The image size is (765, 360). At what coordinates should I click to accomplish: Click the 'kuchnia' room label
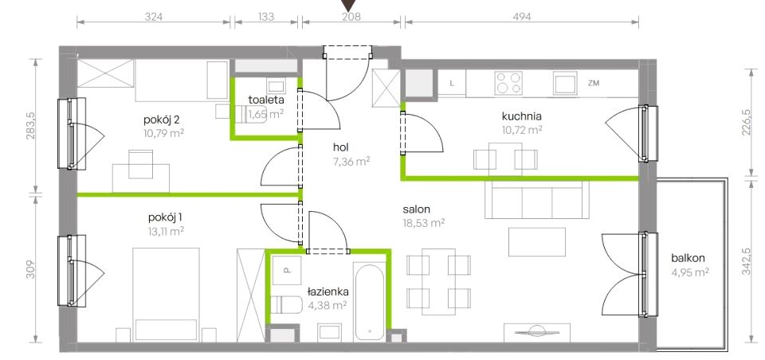pyautogui.click(x=522, y=116)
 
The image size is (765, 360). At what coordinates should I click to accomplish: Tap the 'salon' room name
pyautogui.click(x=416, y=209)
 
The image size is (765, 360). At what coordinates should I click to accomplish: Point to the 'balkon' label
pyautogui.click(x=688, y=259)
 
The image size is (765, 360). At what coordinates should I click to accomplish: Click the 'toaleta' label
pyautogui.click(x=266, y=100)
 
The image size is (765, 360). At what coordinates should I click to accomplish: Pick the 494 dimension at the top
pyautogui.click(x=521, y=16)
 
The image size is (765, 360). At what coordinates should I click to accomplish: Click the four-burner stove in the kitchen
pyautogui.click(x=508, y=83)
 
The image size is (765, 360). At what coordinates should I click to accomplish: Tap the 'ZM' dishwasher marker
pyautogui.click(x=593, y=84)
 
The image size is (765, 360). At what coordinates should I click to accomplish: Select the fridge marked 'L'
pyautogui.click(x=452, y=83)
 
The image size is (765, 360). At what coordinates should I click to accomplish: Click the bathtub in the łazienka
pyautogui.click(x=369, y=303)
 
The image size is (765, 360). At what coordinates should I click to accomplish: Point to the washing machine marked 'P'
pyautogui.click(x=287, y=270)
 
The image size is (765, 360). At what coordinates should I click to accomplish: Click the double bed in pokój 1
pyautogui.click(x=166, y=294)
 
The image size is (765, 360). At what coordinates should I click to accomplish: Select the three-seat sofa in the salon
pyautogui.click(x=536, y=199)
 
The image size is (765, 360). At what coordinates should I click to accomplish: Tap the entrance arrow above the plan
pyautogui.click(x=347, y=5)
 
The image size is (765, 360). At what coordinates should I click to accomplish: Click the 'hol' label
pyautogui.click(x=341, y=147)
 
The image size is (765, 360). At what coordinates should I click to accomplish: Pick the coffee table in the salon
pyautogui.click(x=537, y=242)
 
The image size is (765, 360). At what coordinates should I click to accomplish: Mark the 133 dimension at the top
pyautogui.click(x=266, y=16)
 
